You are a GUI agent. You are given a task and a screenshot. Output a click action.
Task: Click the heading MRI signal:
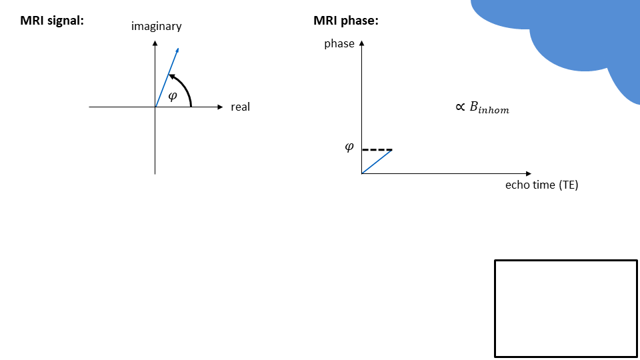click(x=52, y=21)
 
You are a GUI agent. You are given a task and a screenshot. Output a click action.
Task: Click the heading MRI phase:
click(x=346, y=21)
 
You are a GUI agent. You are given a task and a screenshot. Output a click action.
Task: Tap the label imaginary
click(x=157, y=27)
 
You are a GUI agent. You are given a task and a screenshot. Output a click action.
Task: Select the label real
click(x=240, y=107)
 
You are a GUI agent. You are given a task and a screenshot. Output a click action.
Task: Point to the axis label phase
click(x=339, y=44)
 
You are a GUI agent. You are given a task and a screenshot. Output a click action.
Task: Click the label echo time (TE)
click(x=541, y=185)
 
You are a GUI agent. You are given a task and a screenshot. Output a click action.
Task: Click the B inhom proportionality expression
click(x=482, y=108)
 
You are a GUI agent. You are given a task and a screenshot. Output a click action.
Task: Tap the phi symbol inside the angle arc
click(x=173, y=95)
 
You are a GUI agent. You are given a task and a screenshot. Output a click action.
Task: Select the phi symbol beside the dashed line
click(x=349, y=147)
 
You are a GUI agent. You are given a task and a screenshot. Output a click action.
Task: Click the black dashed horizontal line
click(x=377, y=149)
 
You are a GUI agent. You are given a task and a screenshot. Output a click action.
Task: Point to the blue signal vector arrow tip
click(x=179, y=49)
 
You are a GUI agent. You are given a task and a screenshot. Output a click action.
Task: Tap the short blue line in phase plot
click(x=377, y=161)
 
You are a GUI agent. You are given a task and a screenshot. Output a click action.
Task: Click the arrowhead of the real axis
click(x=221, y=107)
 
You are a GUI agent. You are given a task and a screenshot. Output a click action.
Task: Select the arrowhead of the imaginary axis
click(x=155, y=43)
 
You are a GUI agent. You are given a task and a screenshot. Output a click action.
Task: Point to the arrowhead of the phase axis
click(x=362, y=43)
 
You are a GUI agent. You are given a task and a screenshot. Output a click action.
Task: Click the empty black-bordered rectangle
click(x=565, y=308)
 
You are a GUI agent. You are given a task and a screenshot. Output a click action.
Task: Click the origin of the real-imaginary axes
click(x=155, y=107)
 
